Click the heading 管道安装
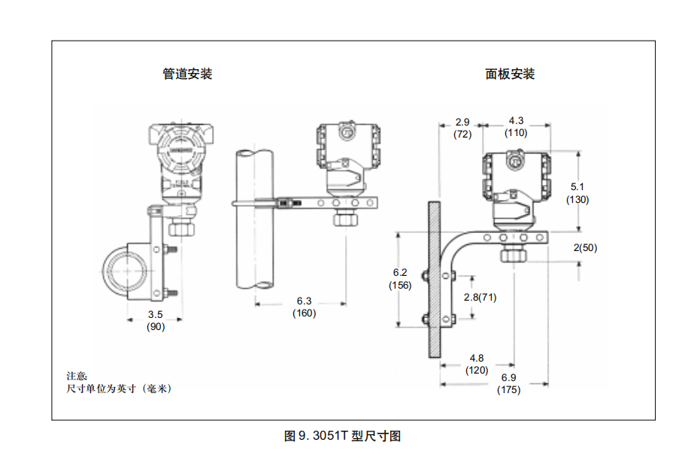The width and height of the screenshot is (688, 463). [187, 74]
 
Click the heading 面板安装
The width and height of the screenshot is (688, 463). [510, 74]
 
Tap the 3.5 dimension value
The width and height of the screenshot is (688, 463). [155, 314]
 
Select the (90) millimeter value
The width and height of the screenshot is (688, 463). [155, 325]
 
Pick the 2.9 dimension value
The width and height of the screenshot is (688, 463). [462, 122]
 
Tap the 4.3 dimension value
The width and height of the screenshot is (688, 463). [516, 121]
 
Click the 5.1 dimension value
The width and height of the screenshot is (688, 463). [578, 187]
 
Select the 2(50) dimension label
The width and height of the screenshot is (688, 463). [585, 248]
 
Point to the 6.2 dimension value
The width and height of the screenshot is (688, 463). [400, 273]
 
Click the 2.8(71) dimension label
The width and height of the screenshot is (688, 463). [480, 298]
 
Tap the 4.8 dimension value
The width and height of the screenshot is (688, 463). [476, 358]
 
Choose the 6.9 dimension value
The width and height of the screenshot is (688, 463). [508, 378]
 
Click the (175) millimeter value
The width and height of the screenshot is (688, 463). [508, 390]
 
